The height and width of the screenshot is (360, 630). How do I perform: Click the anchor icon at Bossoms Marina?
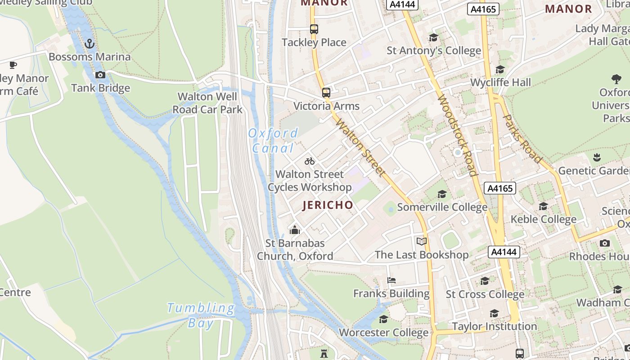[90, 44]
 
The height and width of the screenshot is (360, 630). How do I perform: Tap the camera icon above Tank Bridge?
[100, 75]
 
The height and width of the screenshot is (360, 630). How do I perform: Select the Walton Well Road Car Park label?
[207, 103]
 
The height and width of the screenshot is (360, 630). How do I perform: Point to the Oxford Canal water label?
[273, 140]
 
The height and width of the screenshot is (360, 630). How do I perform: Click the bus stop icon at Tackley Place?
[314, 29]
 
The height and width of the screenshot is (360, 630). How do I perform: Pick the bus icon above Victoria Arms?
[326, 93]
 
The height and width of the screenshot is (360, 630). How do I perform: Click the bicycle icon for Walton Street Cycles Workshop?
[310, 161]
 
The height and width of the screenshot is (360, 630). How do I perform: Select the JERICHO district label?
[328, 205]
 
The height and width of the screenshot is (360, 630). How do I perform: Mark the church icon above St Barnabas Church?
[295, 230]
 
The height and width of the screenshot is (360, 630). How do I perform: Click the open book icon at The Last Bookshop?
[422, 242]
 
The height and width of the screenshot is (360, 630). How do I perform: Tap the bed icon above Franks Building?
[391, 280]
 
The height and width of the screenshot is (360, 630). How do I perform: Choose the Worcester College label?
[383, 333]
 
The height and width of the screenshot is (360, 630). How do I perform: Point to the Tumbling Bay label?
[201, 315]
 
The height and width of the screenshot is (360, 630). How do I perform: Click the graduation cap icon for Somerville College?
[442, 194]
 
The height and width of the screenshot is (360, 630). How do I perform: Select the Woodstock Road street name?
[457, 135]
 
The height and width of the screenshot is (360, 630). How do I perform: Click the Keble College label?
[543, 220]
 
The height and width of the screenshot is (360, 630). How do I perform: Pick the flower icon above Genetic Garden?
[597, 157]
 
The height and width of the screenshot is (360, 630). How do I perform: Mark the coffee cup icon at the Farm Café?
[13, 65]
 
